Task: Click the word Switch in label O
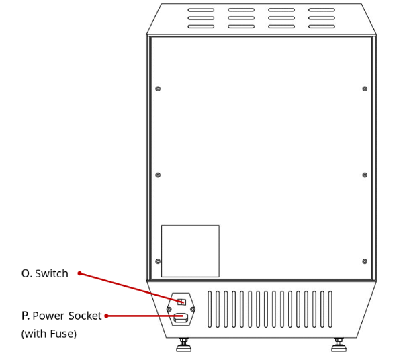[52, 273]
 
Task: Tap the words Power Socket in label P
[67, 316]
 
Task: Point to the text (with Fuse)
[49, 334]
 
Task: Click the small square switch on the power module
[182, 302]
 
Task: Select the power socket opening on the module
[181, 318]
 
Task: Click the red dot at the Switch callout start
[80, 273]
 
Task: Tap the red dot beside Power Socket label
[106, 316]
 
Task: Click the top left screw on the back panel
[158, 89]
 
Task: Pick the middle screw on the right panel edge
[365, 175]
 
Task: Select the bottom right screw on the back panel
[365, 261]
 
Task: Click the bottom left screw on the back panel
[158, 261]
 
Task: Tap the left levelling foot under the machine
[184, 345]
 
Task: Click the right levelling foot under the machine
[339, 345]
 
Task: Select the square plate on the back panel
[190, 251]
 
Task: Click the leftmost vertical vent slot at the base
[210, 309]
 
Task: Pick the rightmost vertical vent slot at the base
[330, 309]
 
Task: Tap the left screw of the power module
[169, 309]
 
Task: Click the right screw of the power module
[193, 309]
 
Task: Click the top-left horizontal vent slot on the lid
[201, 10]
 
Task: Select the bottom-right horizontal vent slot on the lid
[322, 26]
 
